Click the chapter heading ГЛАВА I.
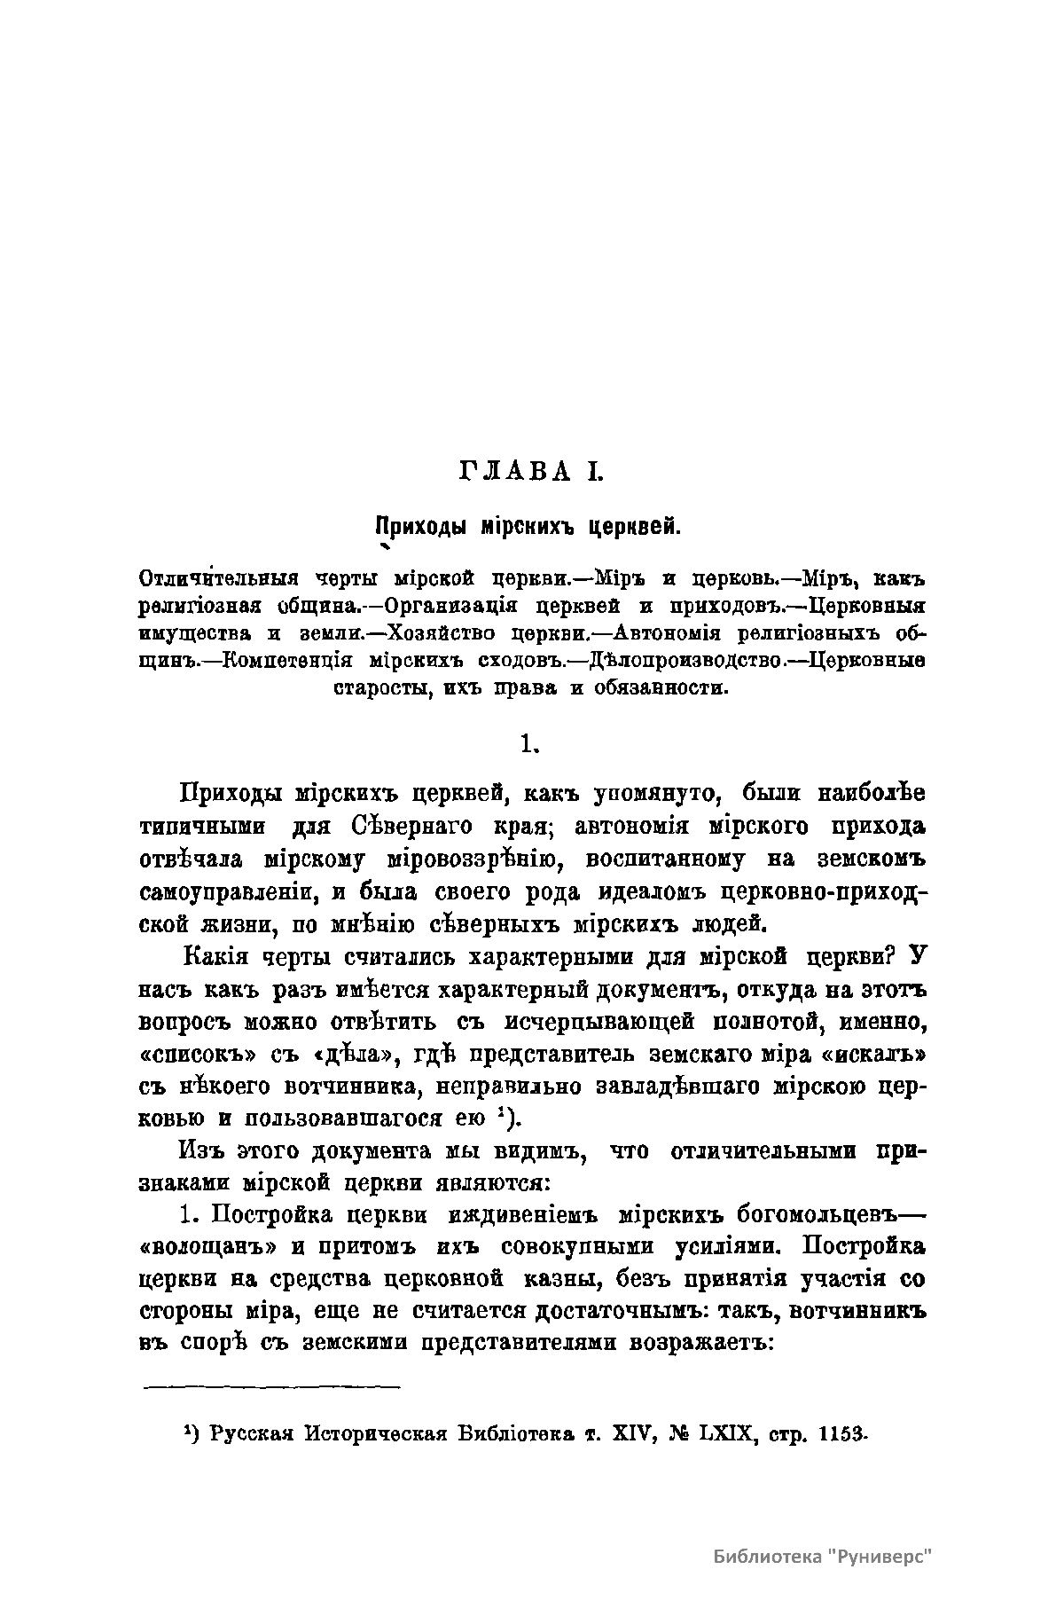[531, 472]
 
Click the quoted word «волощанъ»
[209, 1246]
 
